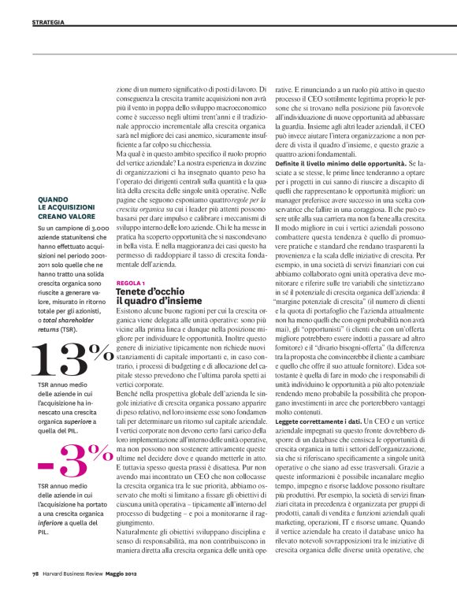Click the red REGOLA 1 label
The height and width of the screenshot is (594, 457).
[x=130, y=282]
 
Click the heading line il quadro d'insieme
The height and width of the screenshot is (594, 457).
[x=155, y=301]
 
